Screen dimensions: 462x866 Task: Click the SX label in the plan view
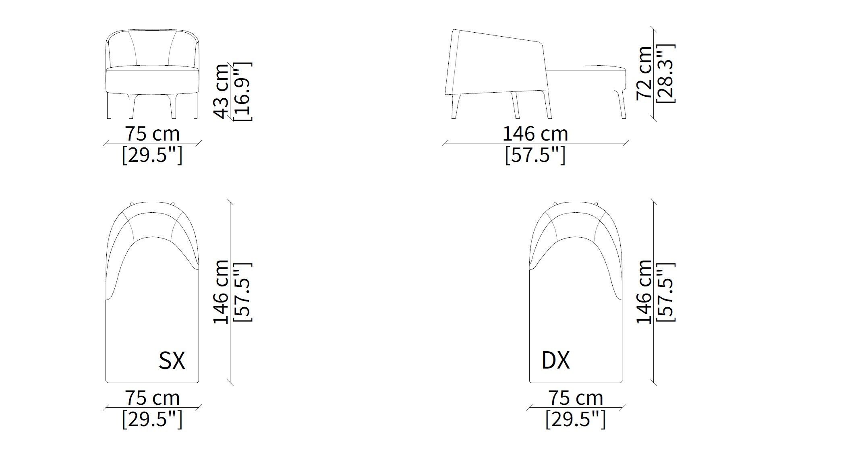pyautogui.click(x=172, y=361)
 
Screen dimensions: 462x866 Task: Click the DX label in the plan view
pyautogui.click(x=555, y=360)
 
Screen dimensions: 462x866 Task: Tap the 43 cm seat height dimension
pyautogui.click(x=221, y=92)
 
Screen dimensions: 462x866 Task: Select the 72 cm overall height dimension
pyautogui.click(x=644, y=73)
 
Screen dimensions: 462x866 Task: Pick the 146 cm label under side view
pyautogui.click(x=535, y=134)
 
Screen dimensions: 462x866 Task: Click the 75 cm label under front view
pyautogui.click(x=152, y=134)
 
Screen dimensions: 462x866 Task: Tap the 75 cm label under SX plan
pyautogui.click(x=152, y=398)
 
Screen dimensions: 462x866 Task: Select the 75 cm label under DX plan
pyautogui.click(x=576, y=398)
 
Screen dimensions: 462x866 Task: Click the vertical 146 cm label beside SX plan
pyautogui.click(x=221, y=292)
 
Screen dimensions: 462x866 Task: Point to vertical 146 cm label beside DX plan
pyautogui.click(x=644, y=292)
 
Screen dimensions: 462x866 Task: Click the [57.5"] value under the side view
pyautogui.click(x=535, y=155)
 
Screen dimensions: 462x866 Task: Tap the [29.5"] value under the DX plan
pyautogui.click(x=576, y=420)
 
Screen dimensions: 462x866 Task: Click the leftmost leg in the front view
pyautogui.click(x=109, y=107)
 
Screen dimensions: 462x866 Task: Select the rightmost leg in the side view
pyautogui.click(x=623, y=107)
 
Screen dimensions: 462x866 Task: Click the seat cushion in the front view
pyautogui.click(x=153, y=79)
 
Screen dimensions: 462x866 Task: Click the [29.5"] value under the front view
pyautogui.click(x=152, y=155)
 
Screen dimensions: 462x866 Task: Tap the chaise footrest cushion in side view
pyautogui.click(x=586, y=79)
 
